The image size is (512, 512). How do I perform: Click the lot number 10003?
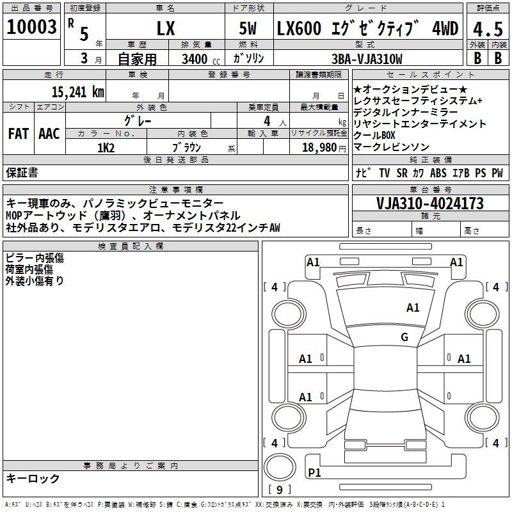31,27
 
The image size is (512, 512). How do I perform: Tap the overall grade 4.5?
488,29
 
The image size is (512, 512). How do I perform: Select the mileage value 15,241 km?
77,92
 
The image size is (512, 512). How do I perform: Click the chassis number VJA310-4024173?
429,204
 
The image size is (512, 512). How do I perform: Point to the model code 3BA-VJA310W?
367,59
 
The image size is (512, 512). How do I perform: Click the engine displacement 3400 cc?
201,59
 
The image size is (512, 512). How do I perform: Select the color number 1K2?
106,148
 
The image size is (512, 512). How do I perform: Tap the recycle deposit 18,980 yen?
324,148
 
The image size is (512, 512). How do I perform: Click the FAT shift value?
19,134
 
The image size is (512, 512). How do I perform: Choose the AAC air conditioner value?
49,134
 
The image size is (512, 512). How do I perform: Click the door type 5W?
248,28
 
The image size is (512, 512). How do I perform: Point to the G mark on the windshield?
404,337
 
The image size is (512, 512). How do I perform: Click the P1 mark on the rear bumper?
314,472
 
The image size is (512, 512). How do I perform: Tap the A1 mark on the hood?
413,307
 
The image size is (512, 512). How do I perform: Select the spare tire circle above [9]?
280,467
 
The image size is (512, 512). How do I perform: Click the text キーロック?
33,478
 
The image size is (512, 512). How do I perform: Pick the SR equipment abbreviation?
402,173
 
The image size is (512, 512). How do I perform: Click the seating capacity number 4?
267,121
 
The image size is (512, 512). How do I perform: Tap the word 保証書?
22,172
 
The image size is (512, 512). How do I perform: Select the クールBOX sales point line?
374,135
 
